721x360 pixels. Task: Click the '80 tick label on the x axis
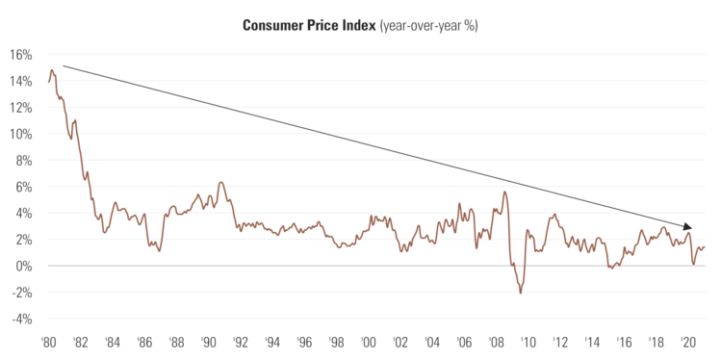tap(47, 343)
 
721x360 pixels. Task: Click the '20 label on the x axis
tap(689, 343)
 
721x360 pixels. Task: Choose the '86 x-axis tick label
tap(143, 343)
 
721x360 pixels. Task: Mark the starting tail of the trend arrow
tap(64, 66)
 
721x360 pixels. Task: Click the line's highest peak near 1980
tap(52, 69)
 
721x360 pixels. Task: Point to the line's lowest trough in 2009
tap(521, 293)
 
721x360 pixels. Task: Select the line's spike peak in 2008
tap(504, 192)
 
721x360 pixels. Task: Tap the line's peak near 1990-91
tap(221, 182)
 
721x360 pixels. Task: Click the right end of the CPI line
tap(706, 247)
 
